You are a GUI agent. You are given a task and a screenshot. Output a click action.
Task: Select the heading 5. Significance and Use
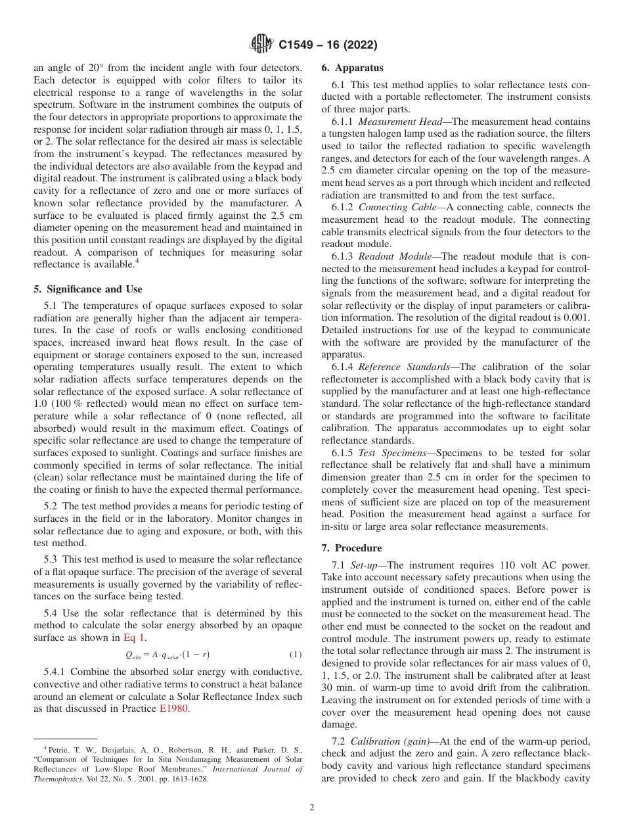[x=87, y=289]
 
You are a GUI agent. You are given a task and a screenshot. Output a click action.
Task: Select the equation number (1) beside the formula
[x=295, y=655]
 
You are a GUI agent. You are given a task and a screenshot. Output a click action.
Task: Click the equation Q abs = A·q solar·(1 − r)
[x=167, y=655]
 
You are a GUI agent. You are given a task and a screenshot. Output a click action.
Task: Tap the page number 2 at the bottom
[x=312, y=808]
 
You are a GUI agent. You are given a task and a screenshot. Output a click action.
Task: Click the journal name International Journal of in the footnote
[x=256, y=768]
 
